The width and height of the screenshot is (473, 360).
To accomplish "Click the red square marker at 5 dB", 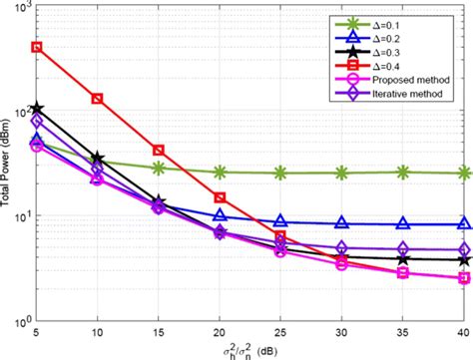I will [37, 47].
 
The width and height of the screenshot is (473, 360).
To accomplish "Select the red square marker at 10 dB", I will [98, 99].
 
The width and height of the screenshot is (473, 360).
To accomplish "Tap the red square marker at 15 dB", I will [159, 151].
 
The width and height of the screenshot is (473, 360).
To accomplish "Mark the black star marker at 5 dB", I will [37, 107].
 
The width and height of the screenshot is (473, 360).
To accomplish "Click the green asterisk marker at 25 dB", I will [280, 174].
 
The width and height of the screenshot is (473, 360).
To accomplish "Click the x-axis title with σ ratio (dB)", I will [249, 350].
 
